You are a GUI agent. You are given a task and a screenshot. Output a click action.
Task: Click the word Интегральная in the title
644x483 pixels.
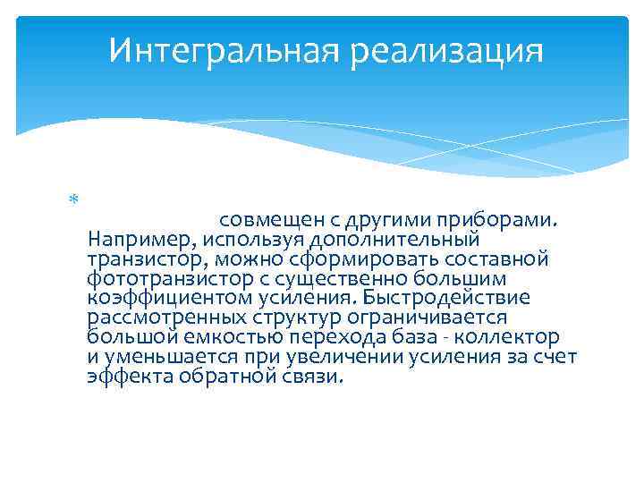click(x=224, y=51)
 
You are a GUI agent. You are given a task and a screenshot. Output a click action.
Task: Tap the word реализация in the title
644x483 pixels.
click(x=447, y=51)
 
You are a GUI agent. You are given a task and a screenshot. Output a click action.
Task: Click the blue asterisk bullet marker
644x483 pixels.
click(x=74, y=199)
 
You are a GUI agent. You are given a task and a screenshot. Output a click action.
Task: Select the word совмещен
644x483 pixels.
click(x=272, y=220)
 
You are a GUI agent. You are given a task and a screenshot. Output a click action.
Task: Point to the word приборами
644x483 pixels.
click(x=496, y=221)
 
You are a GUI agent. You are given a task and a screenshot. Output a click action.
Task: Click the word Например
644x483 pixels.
click(x=141, y=240)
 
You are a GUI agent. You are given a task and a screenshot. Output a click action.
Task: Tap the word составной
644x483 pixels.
click(x=496, y=259)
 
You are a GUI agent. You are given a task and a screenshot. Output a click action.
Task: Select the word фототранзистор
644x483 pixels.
click(x=171, y=279)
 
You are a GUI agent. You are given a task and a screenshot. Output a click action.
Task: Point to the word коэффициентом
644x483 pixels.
click(x=170, y=298)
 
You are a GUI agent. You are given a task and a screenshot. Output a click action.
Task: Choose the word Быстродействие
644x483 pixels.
click(x=446, y=297)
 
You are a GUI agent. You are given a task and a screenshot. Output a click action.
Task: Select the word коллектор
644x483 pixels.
click(x=507, y=337)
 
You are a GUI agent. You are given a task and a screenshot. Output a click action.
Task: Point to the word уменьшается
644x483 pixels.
click(x=171, y=357)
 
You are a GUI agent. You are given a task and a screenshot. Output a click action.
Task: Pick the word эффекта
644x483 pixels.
click(x=131, y=377)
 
